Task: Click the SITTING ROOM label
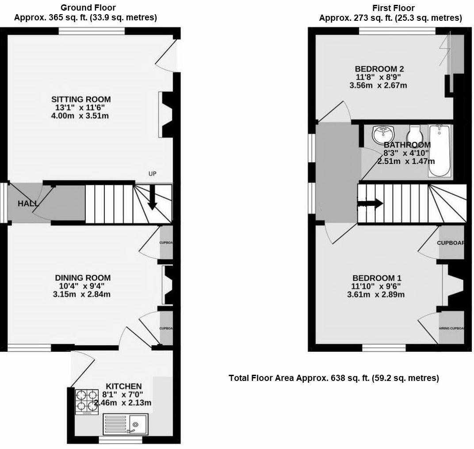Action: coord(81,99)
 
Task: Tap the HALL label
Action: coord(28,204)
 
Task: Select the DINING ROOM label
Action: coord(83,278)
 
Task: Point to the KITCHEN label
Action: coord(123,386)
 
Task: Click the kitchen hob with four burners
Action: coord(86,401)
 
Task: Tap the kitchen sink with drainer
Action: coord(126,425)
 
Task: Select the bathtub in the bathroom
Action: coord(440,151)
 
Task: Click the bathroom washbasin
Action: coord(383,133)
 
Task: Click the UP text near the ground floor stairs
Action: coord(153,174)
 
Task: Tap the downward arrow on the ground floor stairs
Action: coord(152,197)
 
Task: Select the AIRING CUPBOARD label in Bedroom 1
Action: coord(452,328)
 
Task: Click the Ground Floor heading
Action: coord(88,8)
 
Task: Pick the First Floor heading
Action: coord(394,8)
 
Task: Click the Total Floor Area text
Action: coord(334,378)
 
